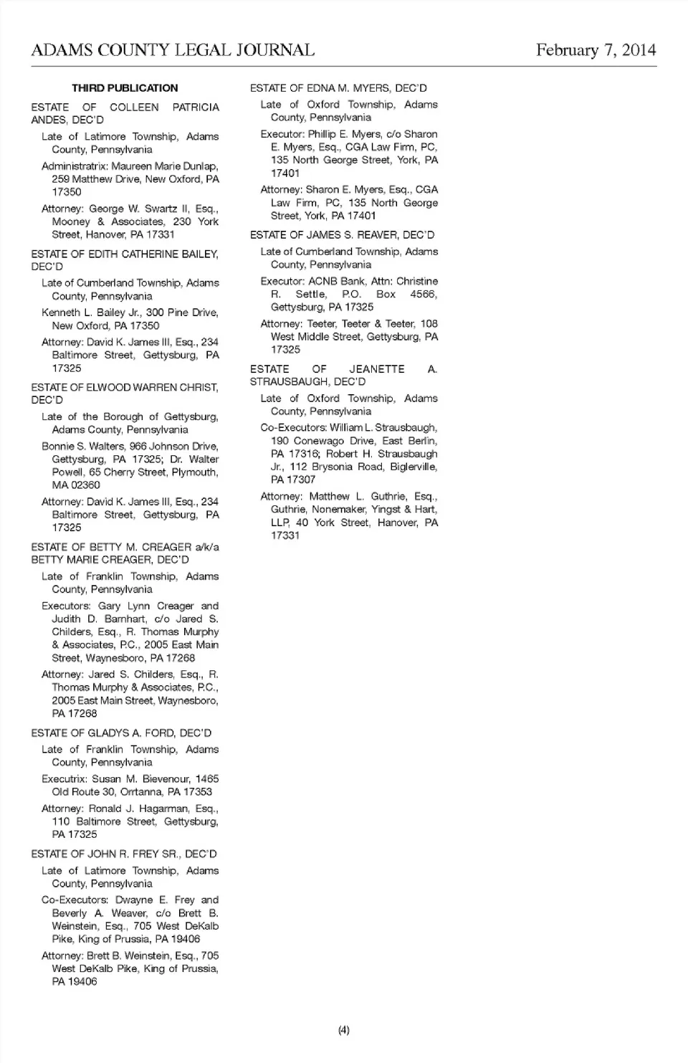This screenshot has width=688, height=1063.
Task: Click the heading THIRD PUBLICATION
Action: coord(125,88)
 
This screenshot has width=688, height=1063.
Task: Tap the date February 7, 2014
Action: coord(596,49)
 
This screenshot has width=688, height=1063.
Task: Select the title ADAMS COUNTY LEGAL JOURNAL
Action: coord(173,49)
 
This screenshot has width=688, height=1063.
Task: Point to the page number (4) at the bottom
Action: coord(344,1030)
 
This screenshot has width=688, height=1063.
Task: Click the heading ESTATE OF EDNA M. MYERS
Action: coord(338,88)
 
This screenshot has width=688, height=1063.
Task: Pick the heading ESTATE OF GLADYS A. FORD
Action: coord(121,733)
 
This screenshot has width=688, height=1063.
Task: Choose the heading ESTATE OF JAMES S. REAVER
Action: coord(342,235)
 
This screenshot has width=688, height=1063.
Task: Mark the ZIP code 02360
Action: coord(86,485)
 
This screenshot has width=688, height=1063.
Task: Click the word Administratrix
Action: coord(75,166)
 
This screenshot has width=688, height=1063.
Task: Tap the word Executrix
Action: coord(64,779)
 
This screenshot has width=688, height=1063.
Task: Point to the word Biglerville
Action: coord(414,467)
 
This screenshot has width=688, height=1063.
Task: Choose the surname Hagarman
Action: coord(165,809)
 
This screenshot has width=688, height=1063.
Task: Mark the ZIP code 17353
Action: coord(198,792)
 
